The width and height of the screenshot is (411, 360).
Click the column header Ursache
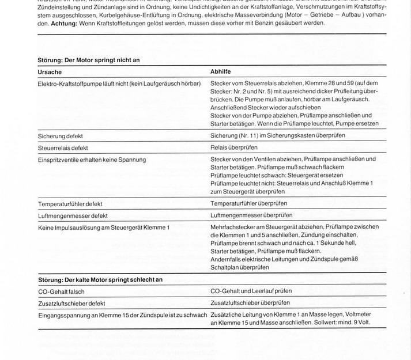(x=50, y=72)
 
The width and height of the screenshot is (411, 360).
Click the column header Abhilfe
(x=221, y=72)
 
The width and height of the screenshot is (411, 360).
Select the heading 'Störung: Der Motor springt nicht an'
(x=89, y=60)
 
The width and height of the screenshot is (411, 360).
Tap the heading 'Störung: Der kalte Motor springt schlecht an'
(x=100, y=279)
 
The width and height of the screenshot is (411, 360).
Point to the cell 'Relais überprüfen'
(x=234, y=147)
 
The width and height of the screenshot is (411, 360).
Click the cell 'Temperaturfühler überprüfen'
(x=249, y=203)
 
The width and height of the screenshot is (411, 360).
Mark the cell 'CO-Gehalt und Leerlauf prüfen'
(x=255, y=291)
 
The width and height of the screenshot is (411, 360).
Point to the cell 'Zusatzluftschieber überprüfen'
(x=250, y=303)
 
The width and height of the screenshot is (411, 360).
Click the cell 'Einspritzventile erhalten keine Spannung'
(x=92, y=160)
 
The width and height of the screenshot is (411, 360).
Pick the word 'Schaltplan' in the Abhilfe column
(x=225, y=267)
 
